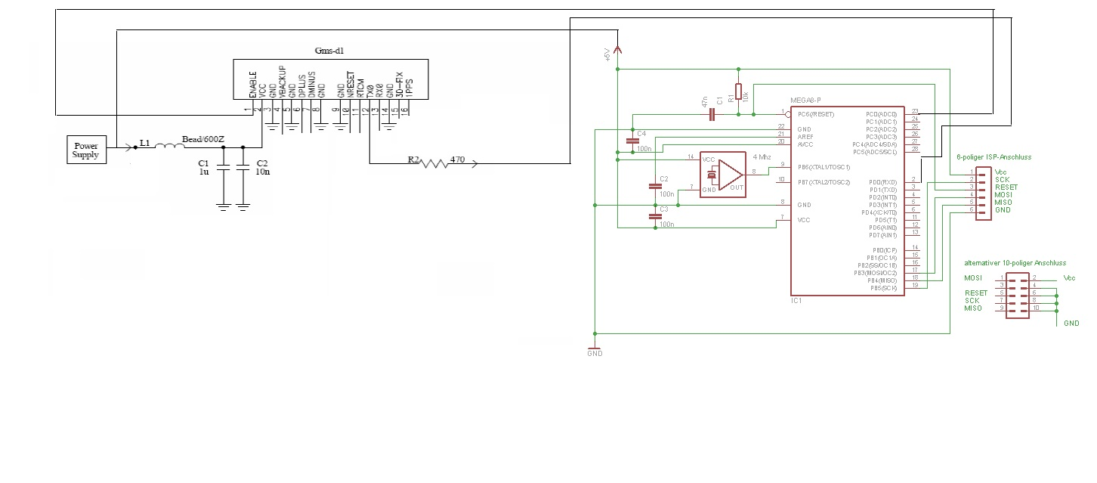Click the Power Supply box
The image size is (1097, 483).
point(86,149)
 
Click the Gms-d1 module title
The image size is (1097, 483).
point(329,50)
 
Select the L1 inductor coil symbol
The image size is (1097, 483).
point(170,147)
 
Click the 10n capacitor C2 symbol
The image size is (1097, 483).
point(243,169)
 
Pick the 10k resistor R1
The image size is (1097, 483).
point(738,91)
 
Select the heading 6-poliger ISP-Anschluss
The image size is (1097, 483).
point(993,156)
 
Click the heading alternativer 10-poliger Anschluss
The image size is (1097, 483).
point(1015,263)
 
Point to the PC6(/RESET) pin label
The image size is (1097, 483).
point(814,115)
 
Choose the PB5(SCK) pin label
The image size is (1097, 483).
point(882,288)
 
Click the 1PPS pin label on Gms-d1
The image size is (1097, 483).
point(409,85)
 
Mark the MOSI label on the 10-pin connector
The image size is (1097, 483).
point(972,278)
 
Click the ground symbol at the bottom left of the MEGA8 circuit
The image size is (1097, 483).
point(595,350)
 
